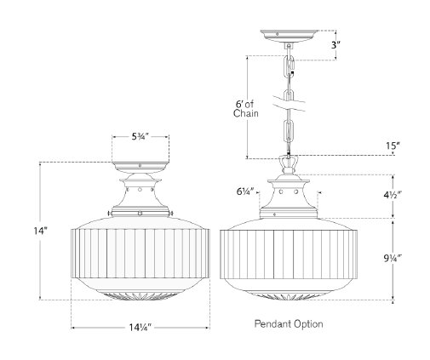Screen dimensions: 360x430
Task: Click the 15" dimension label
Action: coord(391,146)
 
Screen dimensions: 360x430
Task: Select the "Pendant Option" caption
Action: coord(290,324)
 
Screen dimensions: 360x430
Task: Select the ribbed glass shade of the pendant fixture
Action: coord(290,255)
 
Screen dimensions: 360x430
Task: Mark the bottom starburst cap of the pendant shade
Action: coord(290,297)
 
